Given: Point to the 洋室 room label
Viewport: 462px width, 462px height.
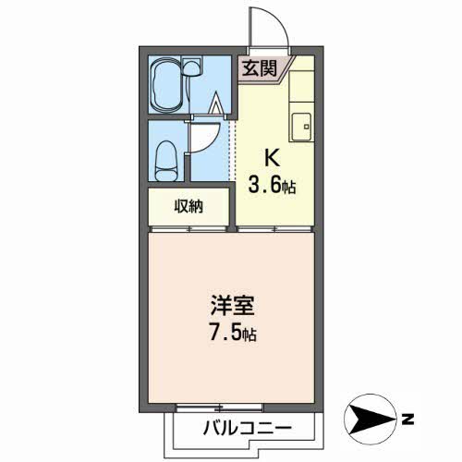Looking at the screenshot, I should click(233, 306).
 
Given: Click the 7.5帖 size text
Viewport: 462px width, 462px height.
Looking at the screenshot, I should click(233, 334).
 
